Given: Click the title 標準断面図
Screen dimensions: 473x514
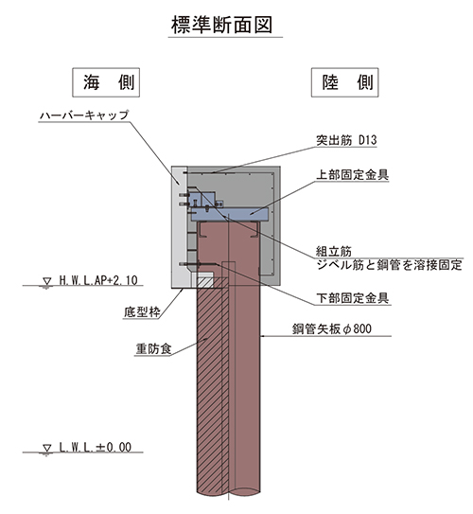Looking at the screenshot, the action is (x=221, y=25).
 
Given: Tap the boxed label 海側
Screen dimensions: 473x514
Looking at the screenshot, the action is (x=106, y=82).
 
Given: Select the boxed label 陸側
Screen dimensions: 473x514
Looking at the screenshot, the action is (x=345, y=82).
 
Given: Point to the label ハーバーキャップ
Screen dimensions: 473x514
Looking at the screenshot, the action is (x=84, y=115).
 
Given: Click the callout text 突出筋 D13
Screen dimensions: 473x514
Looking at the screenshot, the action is (x=346, y=140).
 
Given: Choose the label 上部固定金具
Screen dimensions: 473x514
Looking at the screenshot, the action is (x=352, y=174).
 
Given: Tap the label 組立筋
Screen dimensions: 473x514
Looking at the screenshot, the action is (x=333, y=252).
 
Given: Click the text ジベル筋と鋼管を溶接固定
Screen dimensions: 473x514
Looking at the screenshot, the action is (x=389, y=264).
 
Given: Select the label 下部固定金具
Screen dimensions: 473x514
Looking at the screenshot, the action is (x=352, y=298).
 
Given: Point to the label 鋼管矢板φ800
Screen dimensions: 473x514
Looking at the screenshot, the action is (x=332, y=328).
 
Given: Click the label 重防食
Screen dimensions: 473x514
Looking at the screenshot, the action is (x=153, y=348).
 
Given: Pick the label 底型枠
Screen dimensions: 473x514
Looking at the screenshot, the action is (x=142, y=311).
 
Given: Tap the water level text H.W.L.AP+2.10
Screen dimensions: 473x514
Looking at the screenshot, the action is (x=98, y=280).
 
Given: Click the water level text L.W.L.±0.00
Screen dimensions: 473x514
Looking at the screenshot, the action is (x=96, y=447).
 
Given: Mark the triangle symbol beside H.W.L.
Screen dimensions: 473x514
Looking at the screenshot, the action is (x=47, y=282).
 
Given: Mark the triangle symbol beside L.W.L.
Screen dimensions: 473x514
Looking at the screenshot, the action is (x=47, y=449).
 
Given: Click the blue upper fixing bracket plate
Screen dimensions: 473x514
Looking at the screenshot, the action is (x=230, y=214).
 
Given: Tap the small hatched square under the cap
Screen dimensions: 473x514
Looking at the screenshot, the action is (x=204, y=283).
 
